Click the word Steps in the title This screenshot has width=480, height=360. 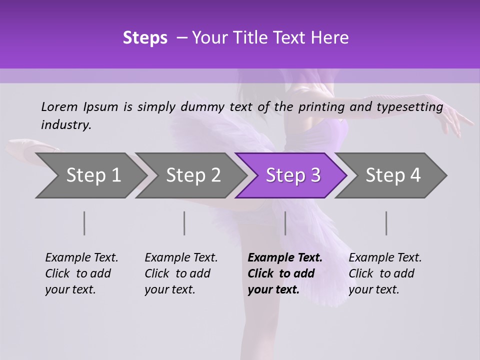[145, 38]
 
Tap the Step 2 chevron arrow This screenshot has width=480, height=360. [193, 175]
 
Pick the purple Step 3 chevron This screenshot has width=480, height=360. [293, 175]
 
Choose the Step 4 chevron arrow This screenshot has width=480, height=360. [393, 175]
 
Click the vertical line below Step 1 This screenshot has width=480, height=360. [84, 223]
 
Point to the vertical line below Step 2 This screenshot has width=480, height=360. [184, 223]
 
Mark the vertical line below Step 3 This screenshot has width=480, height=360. [285, 223]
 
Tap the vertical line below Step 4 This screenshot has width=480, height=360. [386, 223]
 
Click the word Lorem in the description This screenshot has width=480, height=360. [59, 107]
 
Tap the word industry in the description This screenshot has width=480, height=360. [66, 125]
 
